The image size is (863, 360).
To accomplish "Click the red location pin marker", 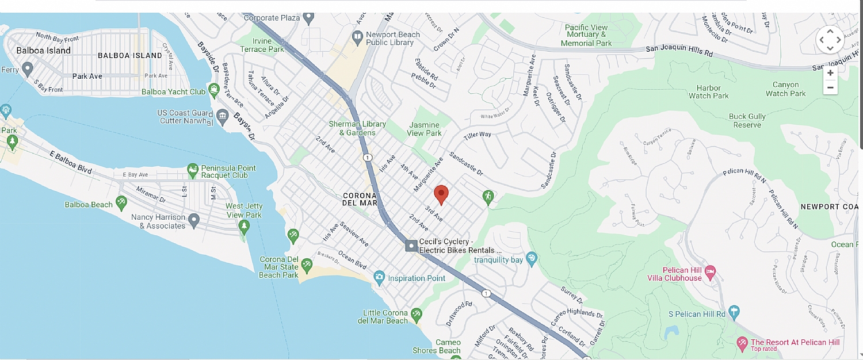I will (x=441, y=194).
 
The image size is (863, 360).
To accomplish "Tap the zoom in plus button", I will (x=830, y=73).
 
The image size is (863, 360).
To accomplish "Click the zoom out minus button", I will (x=830, y=88).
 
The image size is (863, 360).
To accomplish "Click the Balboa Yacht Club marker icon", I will (x=214, y=90).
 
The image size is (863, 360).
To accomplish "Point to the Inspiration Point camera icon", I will (x=379, y=278).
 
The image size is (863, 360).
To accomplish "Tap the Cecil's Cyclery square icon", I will (x=411, y=246).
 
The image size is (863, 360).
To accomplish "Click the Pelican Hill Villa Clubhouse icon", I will (x=710, y=270).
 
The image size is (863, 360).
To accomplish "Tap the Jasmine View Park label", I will (x=424, y=129).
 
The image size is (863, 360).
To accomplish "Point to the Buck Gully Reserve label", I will (x=747, y=120).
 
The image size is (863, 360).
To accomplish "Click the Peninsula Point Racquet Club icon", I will (x=193, y=168).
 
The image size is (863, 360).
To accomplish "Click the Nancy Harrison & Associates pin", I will (x=194, y=219).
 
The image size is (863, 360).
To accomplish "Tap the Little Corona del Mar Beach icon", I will (x=417, y=314).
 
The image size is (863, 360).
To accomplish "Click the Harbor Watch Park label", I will (x=708, y=92).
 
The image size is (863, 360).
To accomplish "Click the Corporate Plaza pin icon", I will (x=309, y=18).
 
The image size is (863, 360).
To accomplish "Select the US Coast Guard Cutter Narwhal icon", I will (x=223, y=117).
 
